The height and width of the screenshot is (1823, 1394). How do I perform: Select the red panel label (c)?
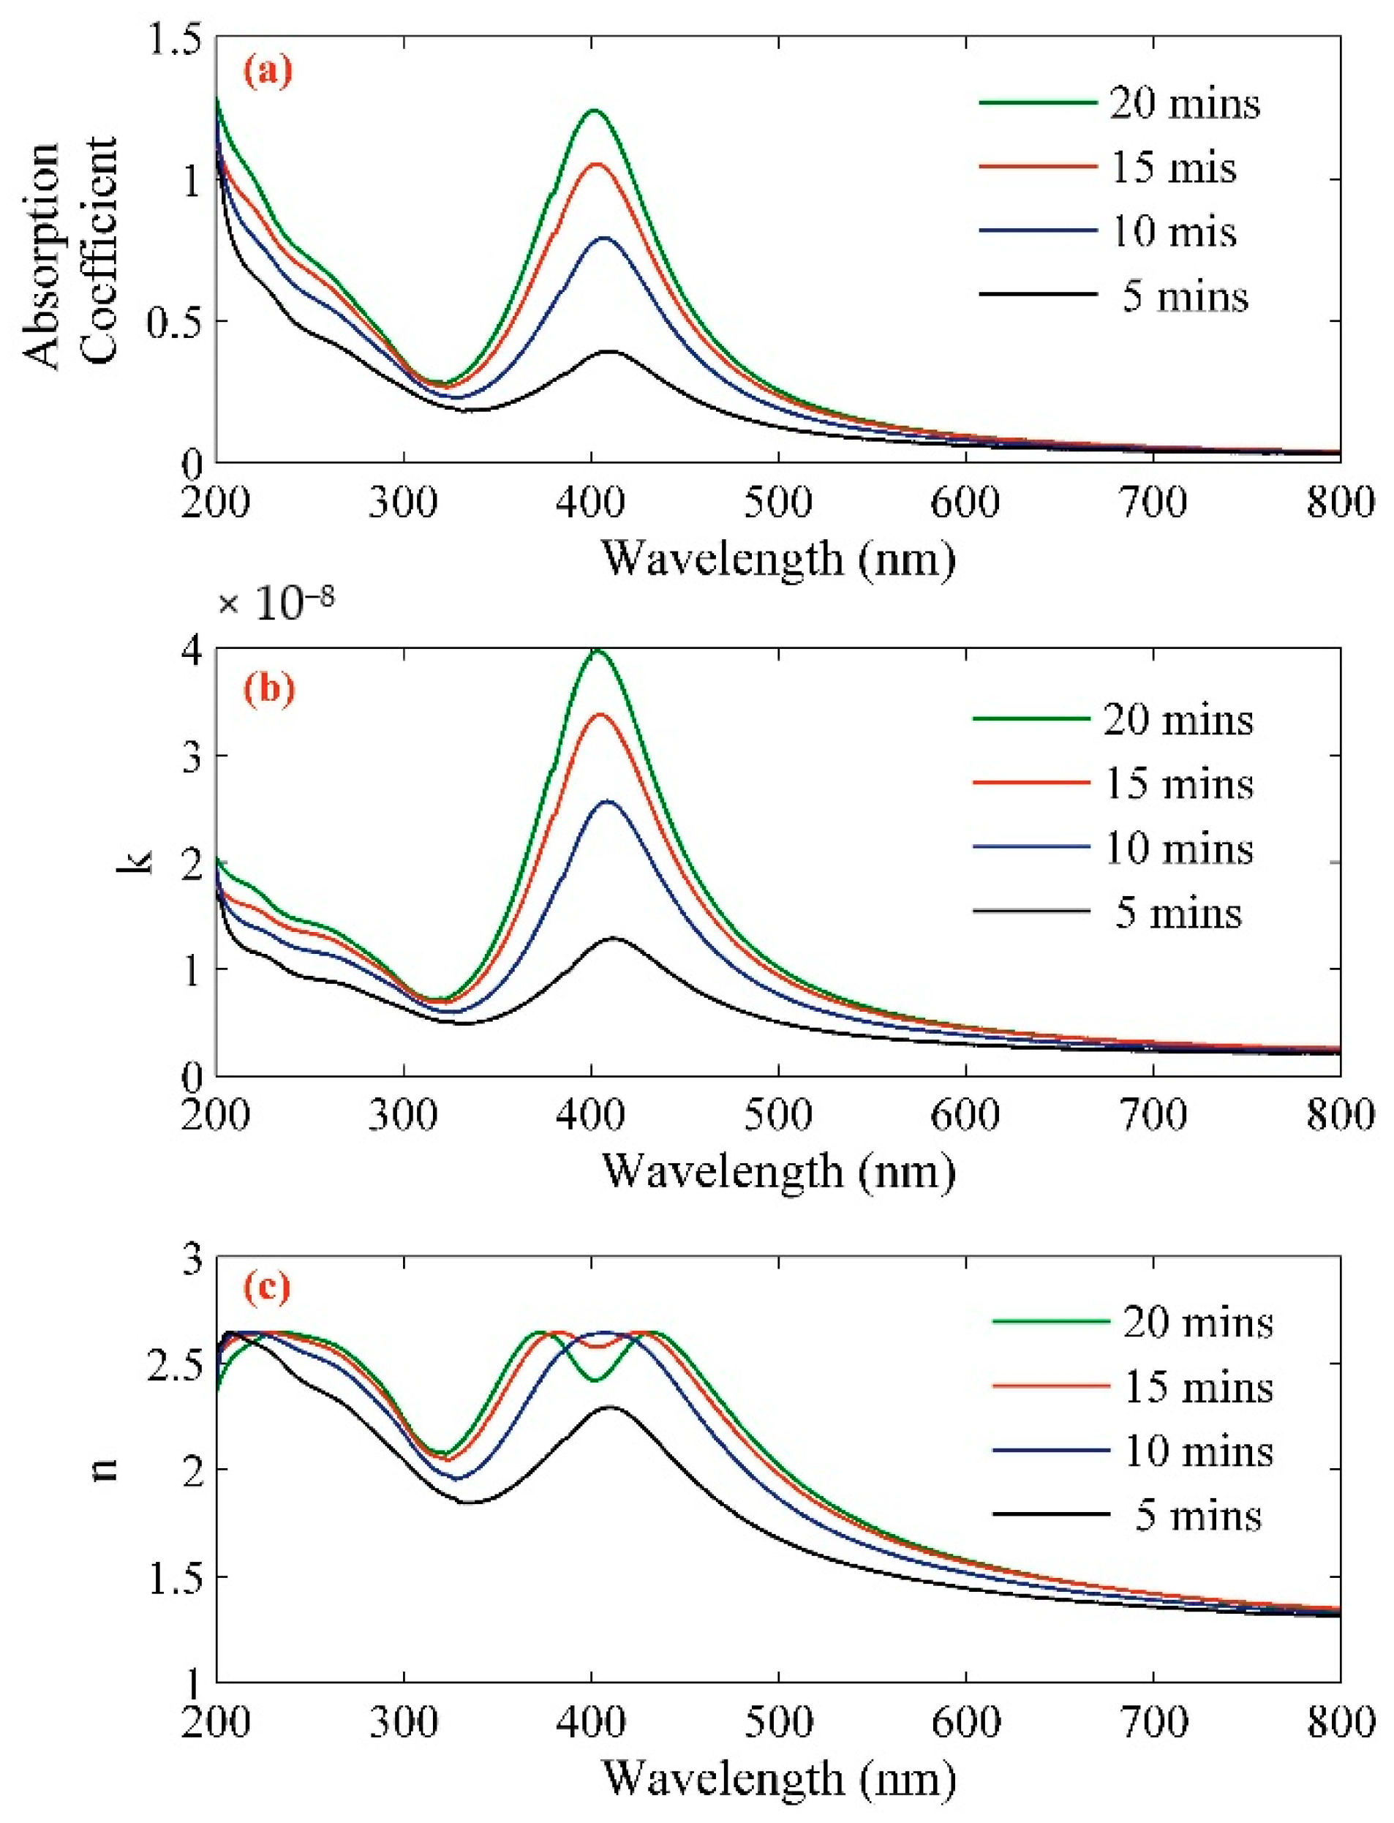pos(266,1288)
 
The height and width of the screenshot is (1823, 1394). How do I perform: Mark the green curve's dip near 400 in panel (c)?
pos(594,1380)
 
